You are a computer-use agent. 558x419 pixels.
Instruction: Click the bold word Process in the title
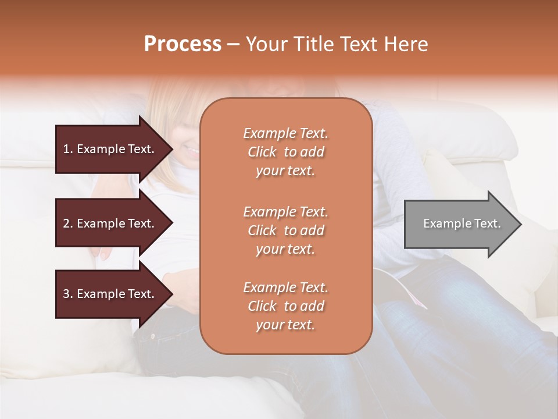click(x=183, y=44)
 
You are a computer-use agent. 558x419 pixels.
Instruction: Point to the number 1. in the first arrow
click(x=68, y=149)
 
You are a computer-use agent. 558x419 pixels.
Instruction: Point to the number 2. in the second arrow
click(x=68, y=223)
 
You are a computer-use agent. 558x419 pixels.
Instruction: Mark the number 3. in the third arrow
click(x=68, y=294)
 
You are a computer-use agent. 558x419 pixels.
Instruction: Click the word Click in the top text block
click(x=262, y=152)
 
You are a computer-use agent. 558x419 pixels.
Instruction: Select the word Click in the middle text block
click(x=262, y=230)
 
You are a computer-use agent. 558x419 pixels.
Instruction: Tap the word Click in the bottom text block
click(x=262, y=306)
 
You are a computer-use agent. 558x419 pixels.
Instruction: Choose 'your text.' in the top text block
click(x=285, y=171)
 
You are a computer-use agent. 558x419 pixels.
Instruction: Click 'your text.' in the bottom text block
click(x=285, y=325)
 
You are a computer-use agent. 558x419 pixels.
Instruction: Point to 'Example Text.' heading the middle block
click(x=285, y=211)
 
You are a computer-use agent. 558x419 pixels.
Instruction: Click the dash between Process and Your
click(x=233, y=45)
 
